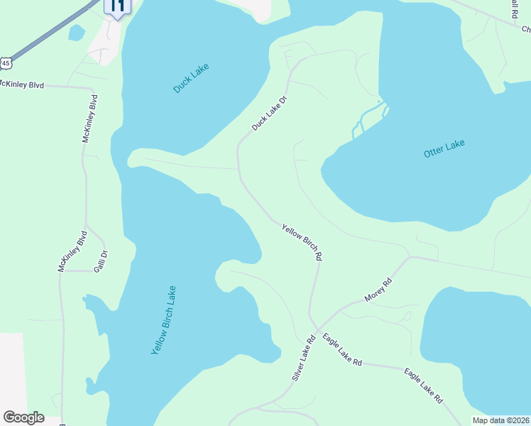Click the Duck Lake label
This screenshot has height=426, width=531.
(192, 79)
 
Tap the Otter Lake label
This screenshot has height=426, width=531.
(444, 148)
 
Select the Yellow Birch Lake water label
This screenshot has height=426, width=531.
(163, 320)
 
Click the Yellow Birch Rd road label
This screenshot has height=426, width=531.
(302, 242)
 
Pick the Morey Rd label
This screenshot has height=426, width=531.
(378, 290)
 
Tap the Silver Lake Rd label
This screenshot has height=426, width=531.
(303, 359)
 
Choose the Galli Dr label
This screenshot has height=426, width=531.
(104, 258)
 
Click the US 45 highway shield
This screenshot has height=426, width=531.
(6, 63)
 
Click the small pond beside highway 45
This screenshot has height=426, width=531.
(77, 32)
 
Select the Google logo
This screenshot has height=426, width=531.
(23, 417)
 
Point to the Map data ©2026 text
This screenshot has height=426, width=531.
(500, 420)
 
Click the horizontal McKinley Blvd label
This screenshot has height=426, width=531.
(21, 85)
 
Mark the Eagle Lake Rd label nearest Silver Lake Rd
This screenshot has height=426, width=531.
(342, 350)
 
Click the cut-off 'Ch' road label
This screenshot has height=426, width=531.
(526, 29)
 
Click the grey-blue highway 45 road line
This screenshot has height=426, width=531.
(50, 32)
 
